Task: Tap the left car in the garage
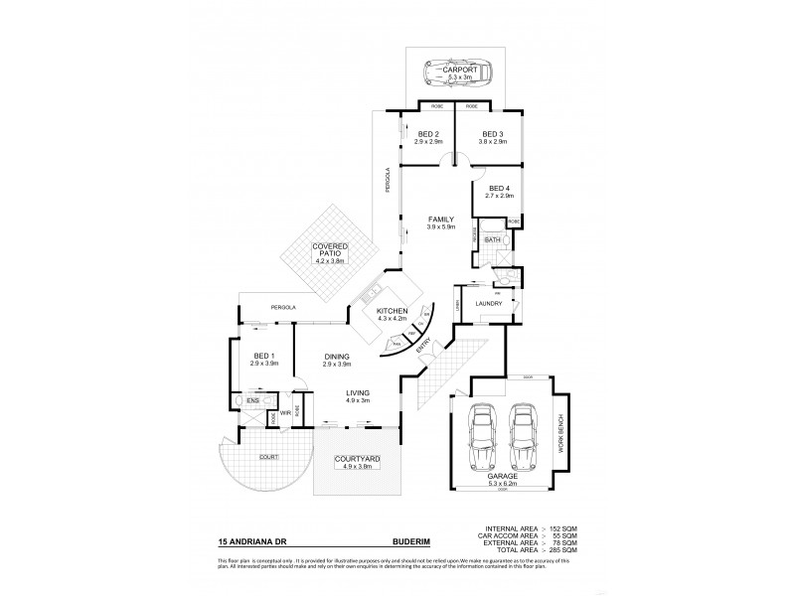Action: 484,433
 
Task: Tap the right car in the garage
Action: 525,433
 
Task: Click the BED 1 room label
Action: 263,356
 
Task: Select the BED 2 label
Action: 427,134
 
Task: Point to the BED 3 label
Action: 494,134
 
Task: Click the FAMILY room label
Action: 441,219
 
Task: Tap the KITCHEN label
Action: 393,311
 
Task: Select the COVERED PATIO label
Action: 329,248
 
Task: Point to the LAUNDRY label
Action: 488,304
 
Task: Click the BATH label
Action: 492,240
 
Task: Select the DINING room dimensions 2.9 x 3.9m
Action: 339,365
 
